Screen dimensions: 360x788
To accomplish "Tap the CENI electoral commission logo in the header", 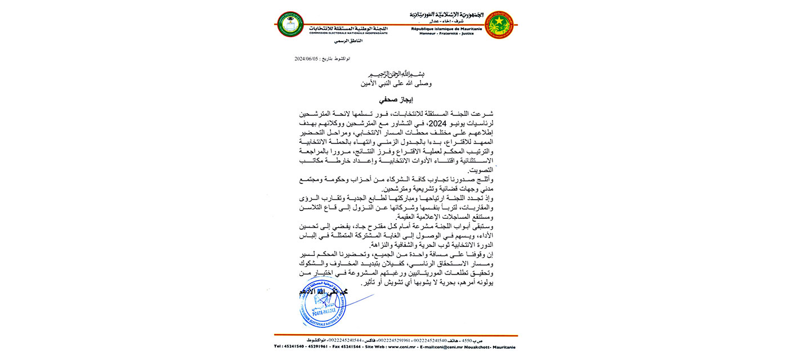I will (289, 24).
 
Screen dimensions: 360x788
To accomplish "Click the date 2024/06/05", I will (307, 58).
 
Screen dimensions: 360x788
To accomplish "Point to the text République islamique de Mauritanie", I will (442, 28).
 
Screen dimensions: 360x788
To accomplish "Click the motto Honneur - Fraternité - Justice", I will (442, 33).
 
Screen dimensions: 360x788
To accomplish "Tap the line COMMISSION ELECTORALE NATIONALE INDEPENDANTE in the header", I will (348, 33).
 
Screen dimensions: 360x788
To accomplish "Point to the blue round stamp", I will (321, 308).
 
